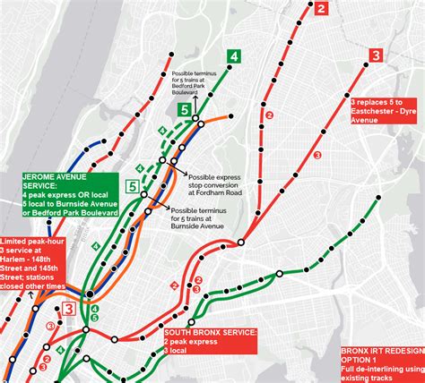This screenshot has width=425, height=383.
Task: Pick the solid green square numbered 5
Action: click(185, 110)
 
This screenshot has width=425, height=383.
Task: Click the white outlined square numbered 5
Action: click(133, 187)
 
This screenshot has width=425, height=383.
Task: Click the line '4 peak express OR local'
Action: click(71, 195)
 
